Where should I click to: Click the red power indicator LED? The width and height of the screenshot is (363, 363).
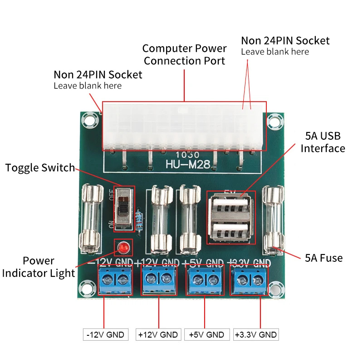123,248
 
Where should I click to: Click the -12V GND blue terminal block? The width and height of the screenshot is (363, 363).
115,280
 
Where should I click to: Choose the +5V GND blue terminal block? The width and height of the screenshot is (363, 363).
205,280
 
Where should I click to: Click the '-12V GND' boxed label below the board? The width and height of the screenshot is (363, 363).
106,335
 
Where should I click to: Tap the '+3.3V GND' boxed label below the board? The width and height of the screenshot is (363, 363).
255,335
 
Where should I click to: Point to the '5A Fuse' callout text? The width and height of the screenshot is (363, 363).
324,258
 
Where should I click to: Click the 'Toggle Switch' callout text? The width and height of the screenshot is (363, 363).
40,168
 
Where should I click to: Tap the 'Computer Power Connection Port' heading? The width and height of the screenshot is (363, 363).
185,54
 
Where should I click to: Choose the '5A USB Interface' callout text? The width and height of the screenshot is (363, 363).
323,142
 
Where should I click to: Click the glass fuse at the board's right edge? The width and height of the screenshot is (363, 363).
274,220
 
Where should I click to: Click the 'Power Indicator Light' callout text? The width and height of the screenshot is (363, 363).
39,267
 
